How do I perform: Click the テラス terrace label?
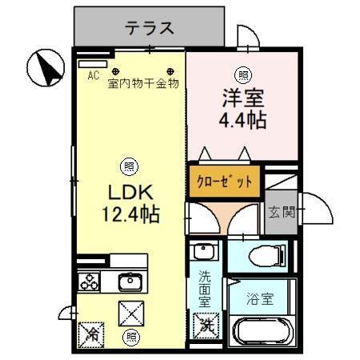pyautogui.click(x=149, y=28)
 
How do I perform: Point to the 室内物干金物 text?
pyautogui.click(x=142, y=82)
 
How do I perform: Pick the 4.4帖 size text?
pyautogui.click(x=240, y=121)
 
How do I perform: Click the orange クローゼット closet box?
pyautogui.click(x=224, y=181)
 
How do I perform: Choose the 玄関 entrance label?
pyautogui.click(x=280, y=212)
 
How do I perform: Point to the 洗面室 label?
pyautogui.click(x=206, y=289)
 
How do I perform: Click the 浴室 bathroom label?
pyautogui.click(x=260, y=300)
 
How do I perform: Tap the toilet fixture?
pyautogui.click(x=261, y=256)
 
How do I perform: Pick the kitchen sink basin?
pyautogui.click(x=128, y=282)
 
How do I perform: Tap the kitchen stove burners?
pyautogui.click(x=88, y=282)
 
